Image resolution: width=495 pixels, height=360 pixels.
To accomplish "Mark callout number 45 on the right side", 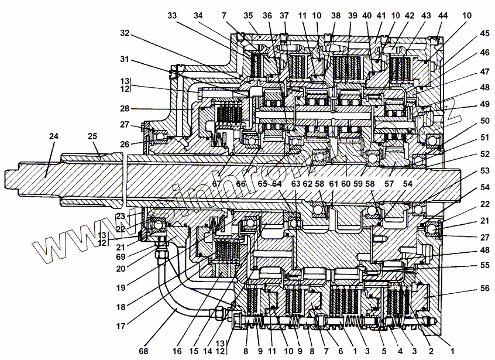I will [468, 33].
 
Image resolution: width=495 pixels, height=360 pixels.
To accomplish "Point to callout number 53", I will [468, 171].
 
